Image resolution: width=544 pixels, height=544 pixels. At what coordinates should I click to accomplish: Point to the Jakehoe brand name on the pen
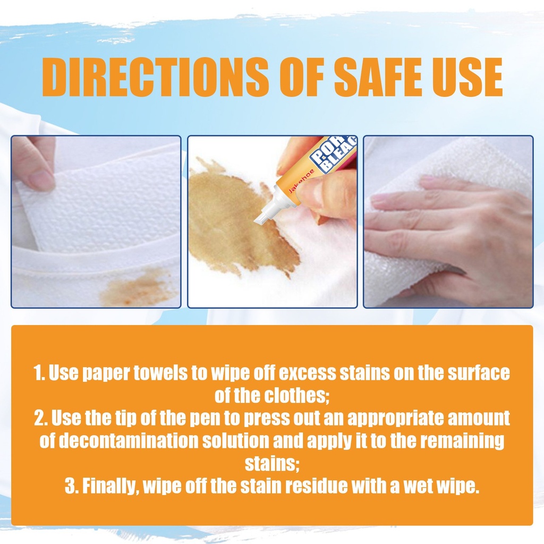coord(301,181)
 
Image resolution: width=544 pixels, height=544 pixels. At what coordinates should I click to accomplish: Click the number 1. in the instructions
coord(39,372)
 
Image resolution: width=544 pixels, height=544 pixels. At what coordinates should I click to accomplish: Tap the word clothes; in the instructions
coord(296,395)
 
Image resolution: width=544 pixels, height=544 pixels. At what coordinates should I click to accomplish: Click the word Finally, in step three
coord(110,487)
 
